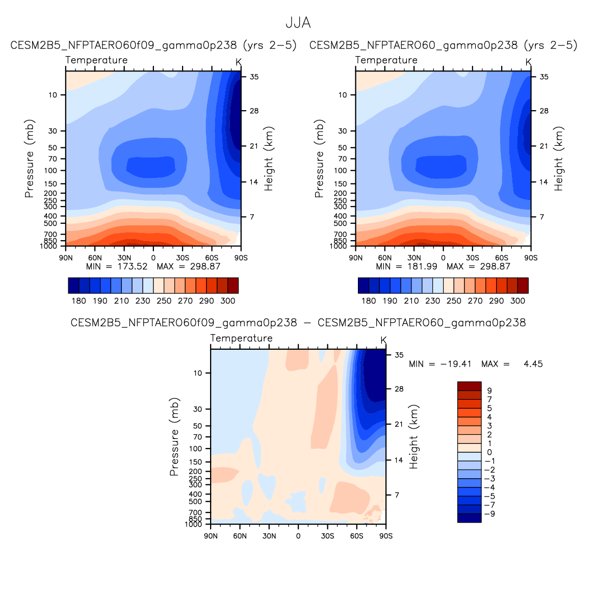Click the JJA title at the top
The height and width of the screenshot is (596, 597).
pos(298,23)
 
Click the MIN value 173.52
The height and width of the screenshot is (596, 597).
pos(131,266)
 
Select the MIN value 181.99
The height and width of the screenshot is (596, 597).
pos(421,266)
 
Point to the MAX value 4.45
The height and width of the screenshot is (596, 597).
pos(533,364)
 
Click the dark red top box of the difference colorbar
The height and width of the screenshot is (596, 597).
pos(469,386)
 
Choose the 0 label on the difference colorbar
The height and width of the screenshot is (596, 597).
pos(489,452)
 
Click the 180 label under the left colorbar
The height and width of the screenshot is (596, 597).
pos(79,301)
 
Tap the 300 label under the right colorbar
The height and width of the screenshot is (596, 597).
pos(517,301)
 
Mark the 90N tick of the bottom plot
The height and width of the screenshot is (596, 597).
pos(211,536)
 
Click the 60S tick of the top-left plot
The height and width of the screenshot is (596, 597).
pos(212,257)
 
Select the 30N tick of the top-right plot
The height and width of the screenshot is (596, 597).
pos(414,257)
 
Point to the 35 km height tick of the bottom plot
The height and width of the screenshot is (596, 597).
pos(399,355)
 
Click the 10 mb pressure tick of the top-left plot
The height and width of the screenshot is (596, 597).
pos(53,95)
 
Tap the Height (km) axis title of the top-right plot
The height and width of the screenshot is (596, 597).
pos(559,159)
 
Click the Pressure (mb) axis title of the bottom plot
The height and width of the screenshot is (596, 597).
pos(174,437)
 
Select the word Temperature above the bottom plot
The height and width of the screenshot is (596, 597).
pos(241,338)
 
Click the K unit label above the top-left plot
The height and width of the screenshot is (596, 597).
pos(239,62)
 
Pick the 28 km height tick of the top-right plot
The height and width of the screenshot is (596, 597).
pos(544,111)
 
